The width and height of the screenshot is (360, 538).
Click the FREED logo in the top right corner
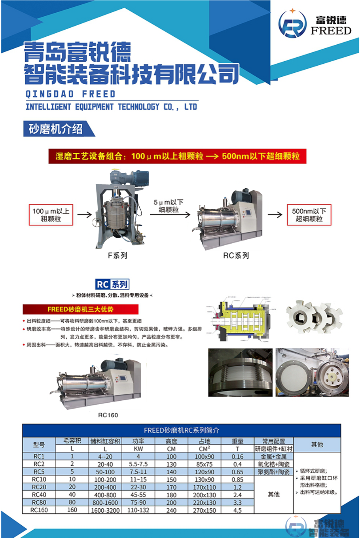coord(315,25)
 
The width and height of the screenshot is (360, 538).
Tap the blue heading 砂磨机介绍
coord(56,129)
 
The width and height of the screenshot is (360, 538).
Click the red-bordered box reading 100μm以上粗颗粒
coord(51,215)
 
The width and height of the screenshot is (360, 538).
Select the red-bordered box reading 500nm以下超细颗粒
coord(309,215)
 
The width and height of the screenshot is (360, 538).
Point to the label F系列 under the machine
coord(117,256)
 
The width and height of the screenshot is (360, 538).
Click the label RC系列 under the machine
coord(236,256)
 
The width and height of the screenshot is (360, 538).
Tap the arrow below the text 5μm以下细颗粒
coord(170,215)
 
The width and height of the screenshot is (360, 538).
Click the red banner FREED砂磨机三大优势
coord(80,309)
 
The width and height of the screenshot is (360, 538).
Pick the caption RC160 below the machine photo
coord(108,415)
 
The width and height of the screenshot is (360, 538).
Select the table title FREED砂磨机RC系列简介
coord(182,430)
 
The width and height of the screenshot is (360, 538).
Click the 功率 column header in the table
coord(138,441)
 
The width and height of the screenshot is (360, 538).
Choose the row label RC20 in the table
coord(39,487)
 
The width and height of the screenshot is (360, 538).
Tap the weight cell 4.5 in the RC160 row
coord(237,510)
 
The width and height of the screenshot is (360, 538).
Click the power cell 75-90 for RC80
coord(138,502)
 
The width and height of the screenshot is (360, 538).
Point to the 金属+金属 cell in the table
coord(274,457)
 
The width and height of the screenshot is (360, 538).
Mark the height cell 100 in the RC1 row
coord(171,457)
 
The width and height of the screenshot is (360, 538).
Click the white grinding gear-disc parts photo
coord(314,317)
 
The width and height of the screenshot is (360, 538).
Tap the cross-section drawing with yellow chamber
coord(239,318)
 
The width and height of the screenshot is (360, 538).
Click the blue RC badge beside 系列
coord(102,284)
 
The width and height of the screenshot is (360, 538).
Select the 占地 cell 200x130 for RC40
coord(205,495)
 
